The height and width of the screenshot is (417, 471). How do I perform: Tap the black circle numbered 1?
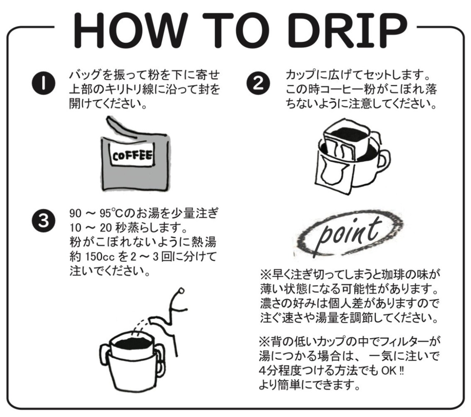coord(43,83)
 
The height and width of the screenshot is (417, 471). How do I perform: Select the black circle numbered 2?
coord(258,83)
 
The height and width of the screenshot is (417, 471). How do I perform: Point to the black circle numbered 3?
coord(43,220)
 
